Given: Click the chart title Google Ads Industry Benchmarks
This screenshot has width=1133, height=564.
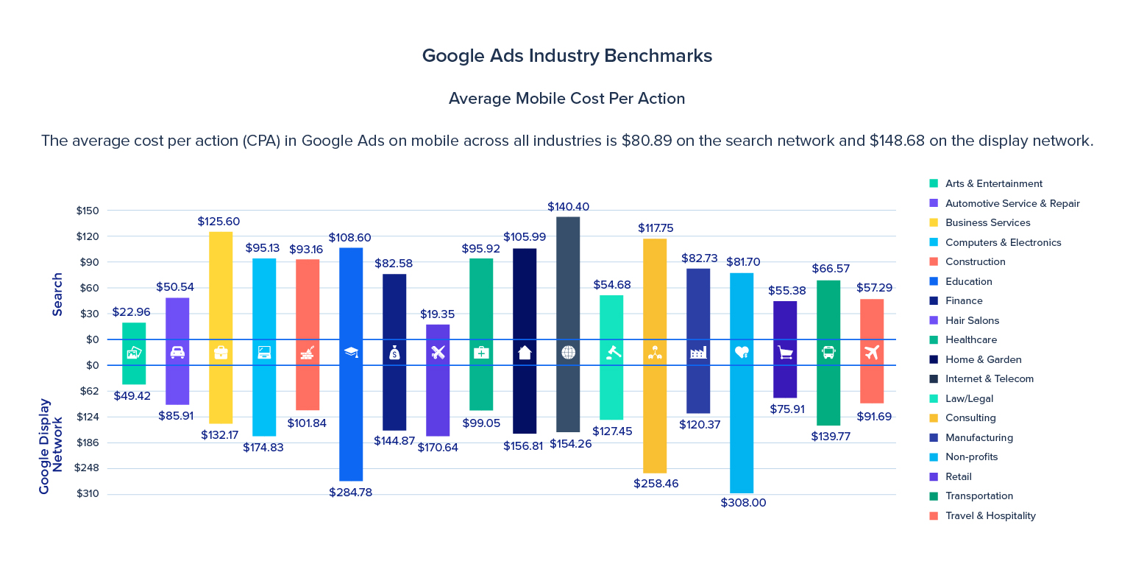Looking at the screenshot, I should click(x=566, y=56).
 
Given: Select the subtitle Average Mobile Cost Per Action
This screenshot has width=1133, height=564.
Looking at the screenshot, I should click(x=566, y=99).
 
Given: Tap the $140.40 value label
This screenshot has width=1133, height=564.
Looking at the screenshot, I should click(x=568, y=207).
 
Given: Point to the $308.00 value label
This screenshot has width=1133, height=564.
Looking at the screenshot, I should click(x=742, y=503).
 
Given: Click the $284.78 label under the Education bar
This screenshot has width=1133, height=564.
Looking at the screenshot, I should click(x=350, y=493).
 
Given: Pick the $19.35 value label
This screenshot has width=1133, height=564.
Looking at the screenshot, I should click(x=437, y=314).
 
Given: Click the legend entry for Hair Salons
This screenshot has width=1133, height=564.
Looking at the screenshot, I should click(x=971, y=320).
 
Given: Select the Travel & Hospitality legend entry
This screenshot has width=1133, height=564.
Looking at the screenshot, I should click(x=990, y=515).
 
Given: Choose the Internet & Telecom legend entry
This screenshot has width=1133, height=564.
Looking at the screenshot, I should click(x=989, y=379).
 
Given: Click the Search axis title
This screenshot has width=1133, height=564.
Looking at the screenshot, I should click(x=57, y=295).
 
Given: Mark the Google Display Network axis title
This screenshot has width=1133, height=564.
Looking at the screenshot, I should click(x=51, y=445).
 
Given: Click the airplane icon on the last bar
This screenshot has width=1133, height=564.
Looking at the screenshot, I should click(x=872, y=353).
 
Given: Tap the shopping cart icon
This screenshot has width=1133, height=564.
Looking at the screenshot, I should click(x=785, y=353).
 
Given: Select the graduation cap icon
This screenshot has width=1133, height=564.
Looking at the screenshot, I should click(x=351, y=353).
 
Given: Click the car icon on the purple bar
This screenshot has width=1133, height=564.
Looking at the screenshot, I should click(x=177, y=353).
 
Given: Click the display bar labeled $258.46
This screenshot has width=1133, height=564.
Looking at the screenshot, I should click(x=655, y=419).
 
